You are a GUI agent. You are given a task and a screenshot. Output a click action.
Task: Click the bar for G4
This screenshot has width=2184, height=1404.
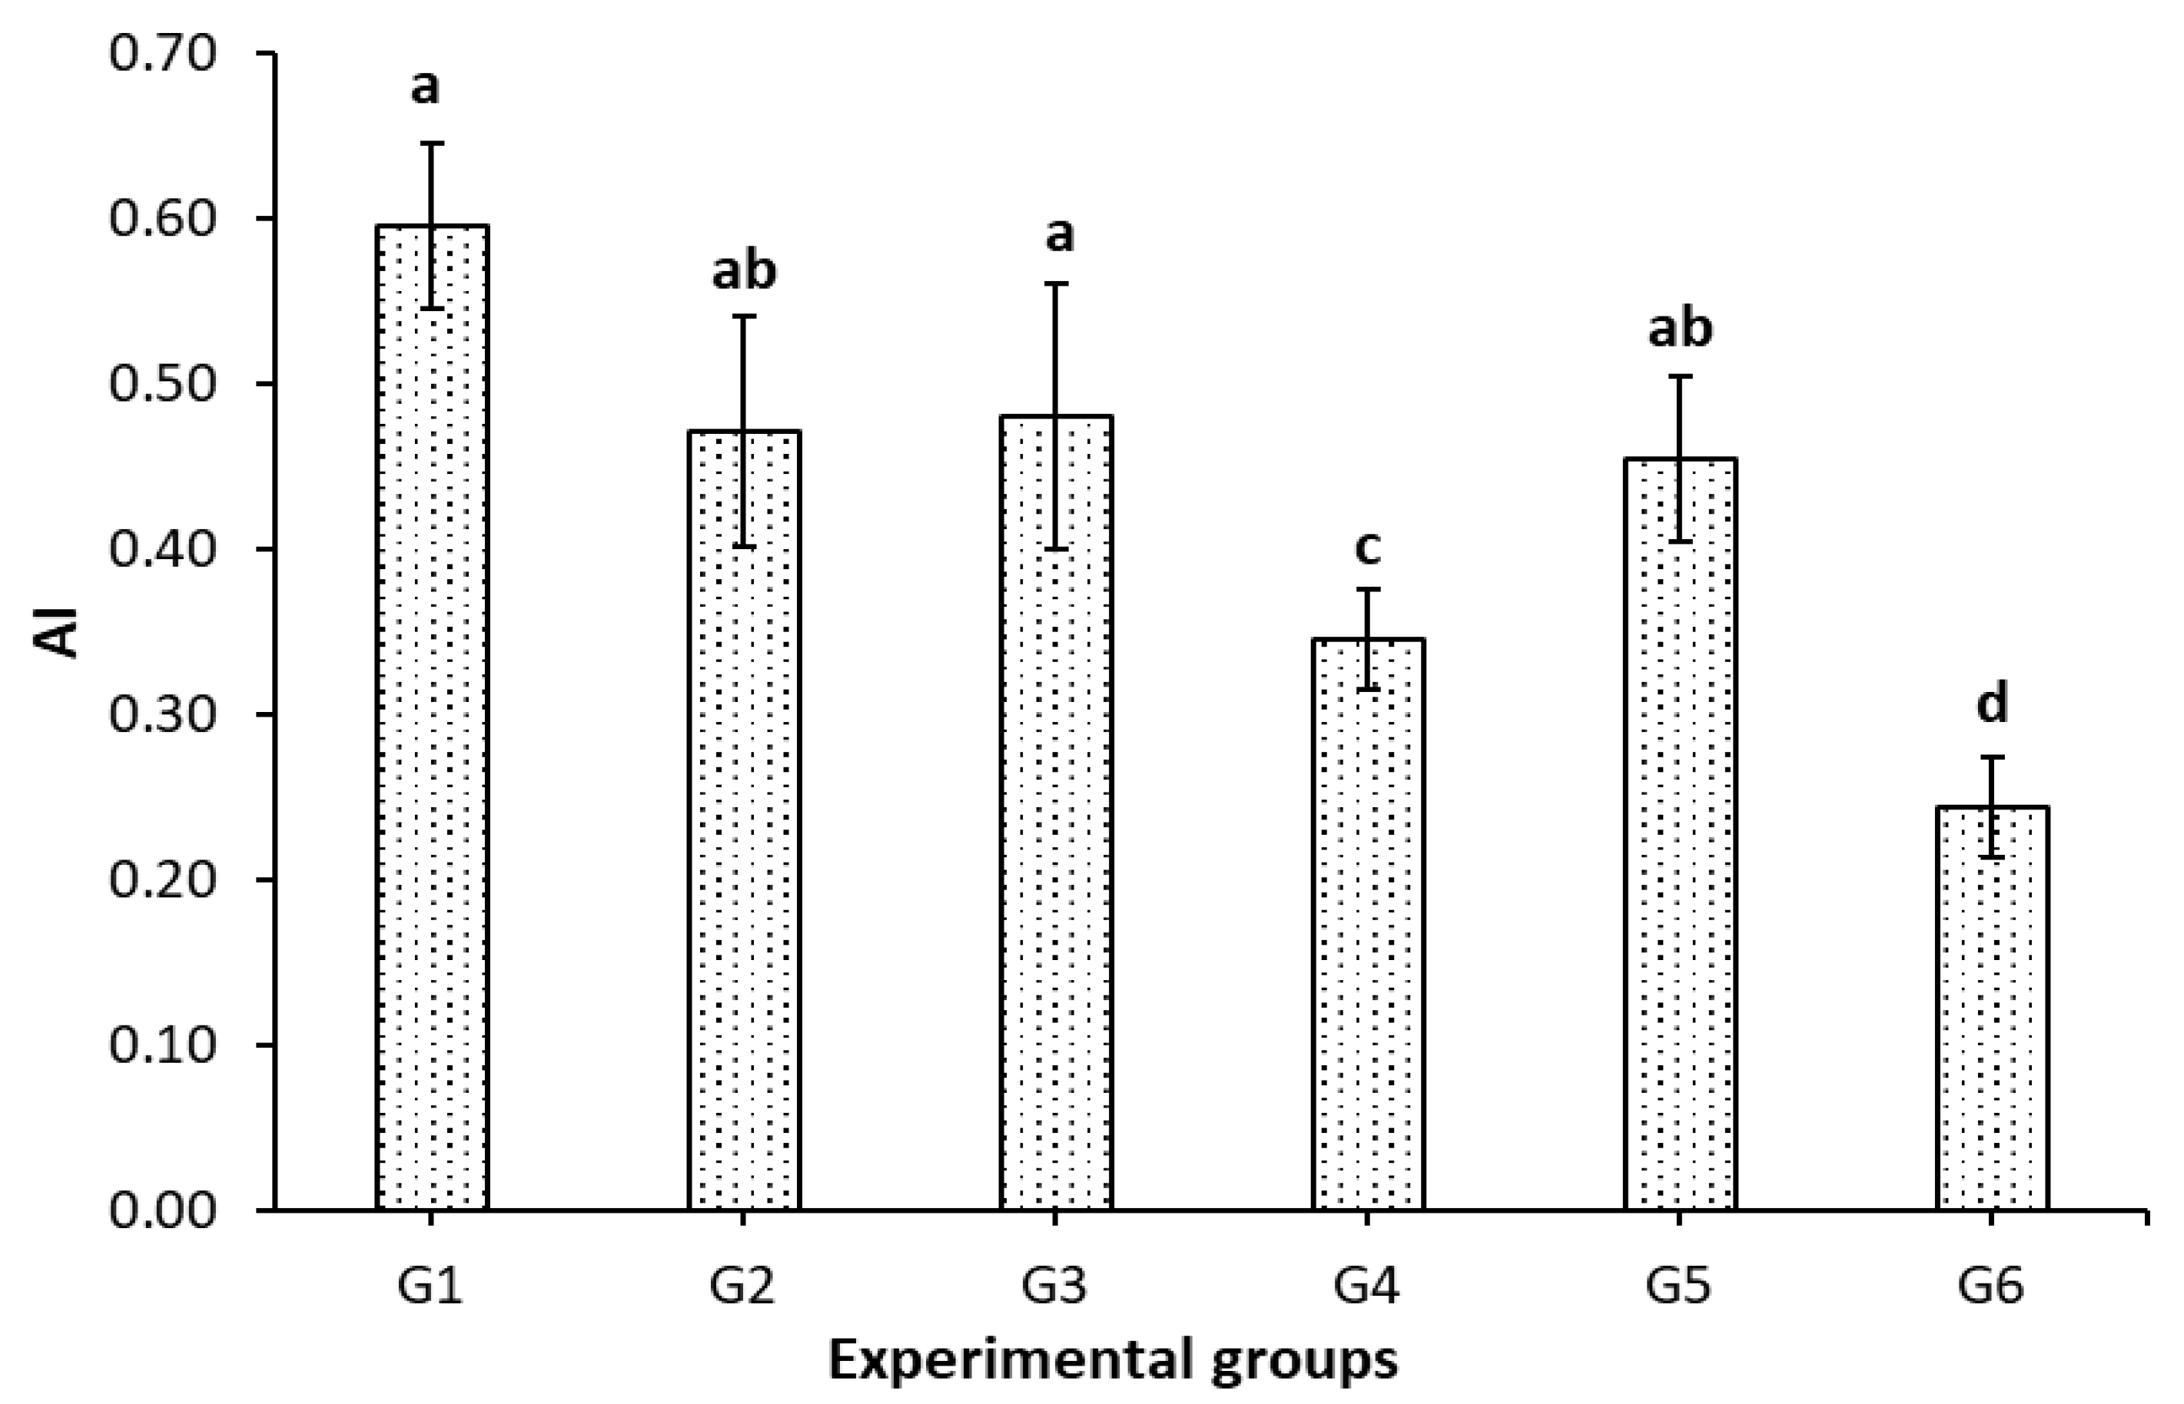pos(1368,930)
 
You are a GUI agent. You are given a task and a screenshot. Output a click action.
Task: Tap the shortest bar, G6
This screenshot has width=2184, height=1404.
pos(1992,1012)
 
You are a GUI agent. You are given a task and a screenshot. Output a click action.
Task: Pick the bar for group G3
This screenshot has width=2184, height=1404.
pos(1056,820)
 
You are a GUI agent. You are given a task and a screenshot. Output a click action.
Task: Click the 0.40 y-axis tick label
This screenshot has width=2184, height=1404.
pos(164,550)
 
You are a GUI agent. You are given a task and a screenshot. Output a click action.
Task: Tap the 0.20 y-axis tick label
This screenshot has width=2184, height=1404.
pos(164,881)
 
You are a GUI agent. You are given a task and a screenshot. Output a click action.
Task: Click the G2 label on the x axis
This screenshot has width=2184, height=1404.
pos(743,1287)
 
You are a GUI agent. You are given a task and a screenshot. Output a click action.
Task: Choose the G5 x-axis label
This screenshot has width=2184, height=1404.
pos(1680,1287)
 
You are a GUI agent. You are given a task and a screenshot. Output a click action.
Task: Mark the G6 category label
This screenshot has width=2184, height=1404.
pos(1992,1287)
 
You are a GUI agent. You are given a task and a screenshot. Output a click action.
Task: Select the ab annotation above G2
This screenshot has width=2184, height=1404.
pos(743,271)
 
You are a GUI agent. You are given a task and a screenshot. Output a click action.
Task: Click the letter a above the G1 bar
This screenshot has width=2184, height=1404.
pos(425,88)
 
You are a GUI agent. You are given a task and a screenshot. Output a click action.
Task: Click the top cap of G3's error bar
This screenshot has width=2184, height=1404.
pos(1056,283)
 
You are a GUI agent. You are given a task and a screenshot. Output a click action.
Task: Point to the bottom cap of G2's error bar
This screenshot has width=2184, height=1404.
pos(743,547)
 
